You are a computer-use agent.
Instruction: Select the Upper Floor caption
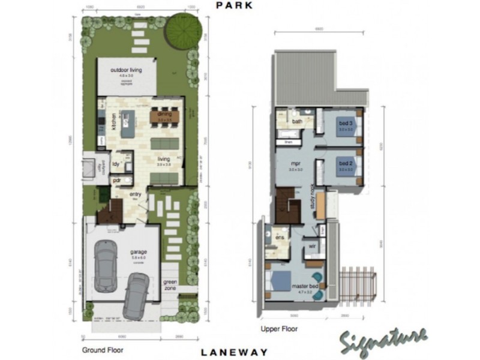[279, 329]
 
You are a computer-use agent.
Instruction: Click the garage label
[138, 252]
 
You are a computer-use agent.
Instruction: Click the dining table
[164, 116]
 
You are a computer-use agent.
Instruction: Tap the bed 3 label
[345, 124]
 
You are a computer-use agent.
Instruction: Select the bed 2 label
[345, 163]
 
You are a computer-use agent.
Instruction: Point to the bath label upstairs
[297, 122]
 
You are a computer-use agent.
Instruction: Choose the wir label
[313, 245]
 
